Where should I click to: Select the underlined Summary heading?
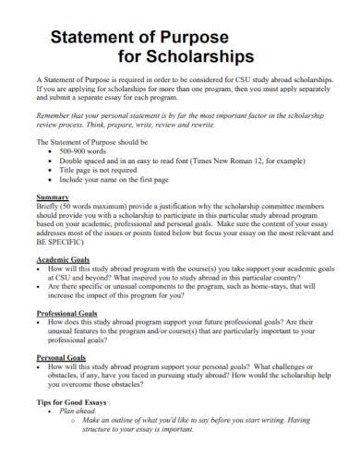click(52, 197)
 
